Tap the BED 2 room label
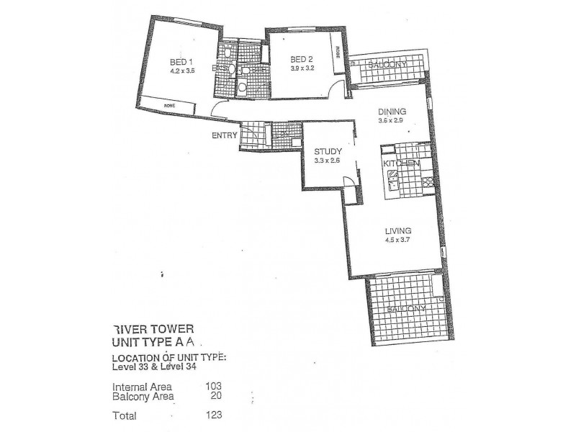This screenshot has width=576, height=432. tap(301, 59)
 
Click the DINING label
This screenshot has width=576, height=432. tap(393, 112)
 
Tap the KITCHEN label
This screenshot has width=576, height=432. tap(402, 164)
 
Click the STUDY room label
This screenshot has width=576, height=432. tap(327, 151)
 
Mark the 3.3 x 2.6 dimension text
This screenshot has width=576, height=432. tap(327, 161)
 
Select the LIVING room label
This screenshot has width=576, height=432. tap(397, 230)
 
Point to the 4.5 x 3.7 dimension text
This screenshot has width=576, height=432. tap(397, 240)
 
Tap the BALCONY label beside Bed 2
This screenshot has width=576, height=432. tap(387, 66)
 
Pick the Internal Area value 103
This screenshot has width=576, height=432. tap(212, 386)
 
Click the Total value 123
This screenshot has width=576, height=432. tap(212, 414)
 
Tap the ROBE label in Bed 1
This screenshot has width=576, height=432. tap(170, 106)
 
